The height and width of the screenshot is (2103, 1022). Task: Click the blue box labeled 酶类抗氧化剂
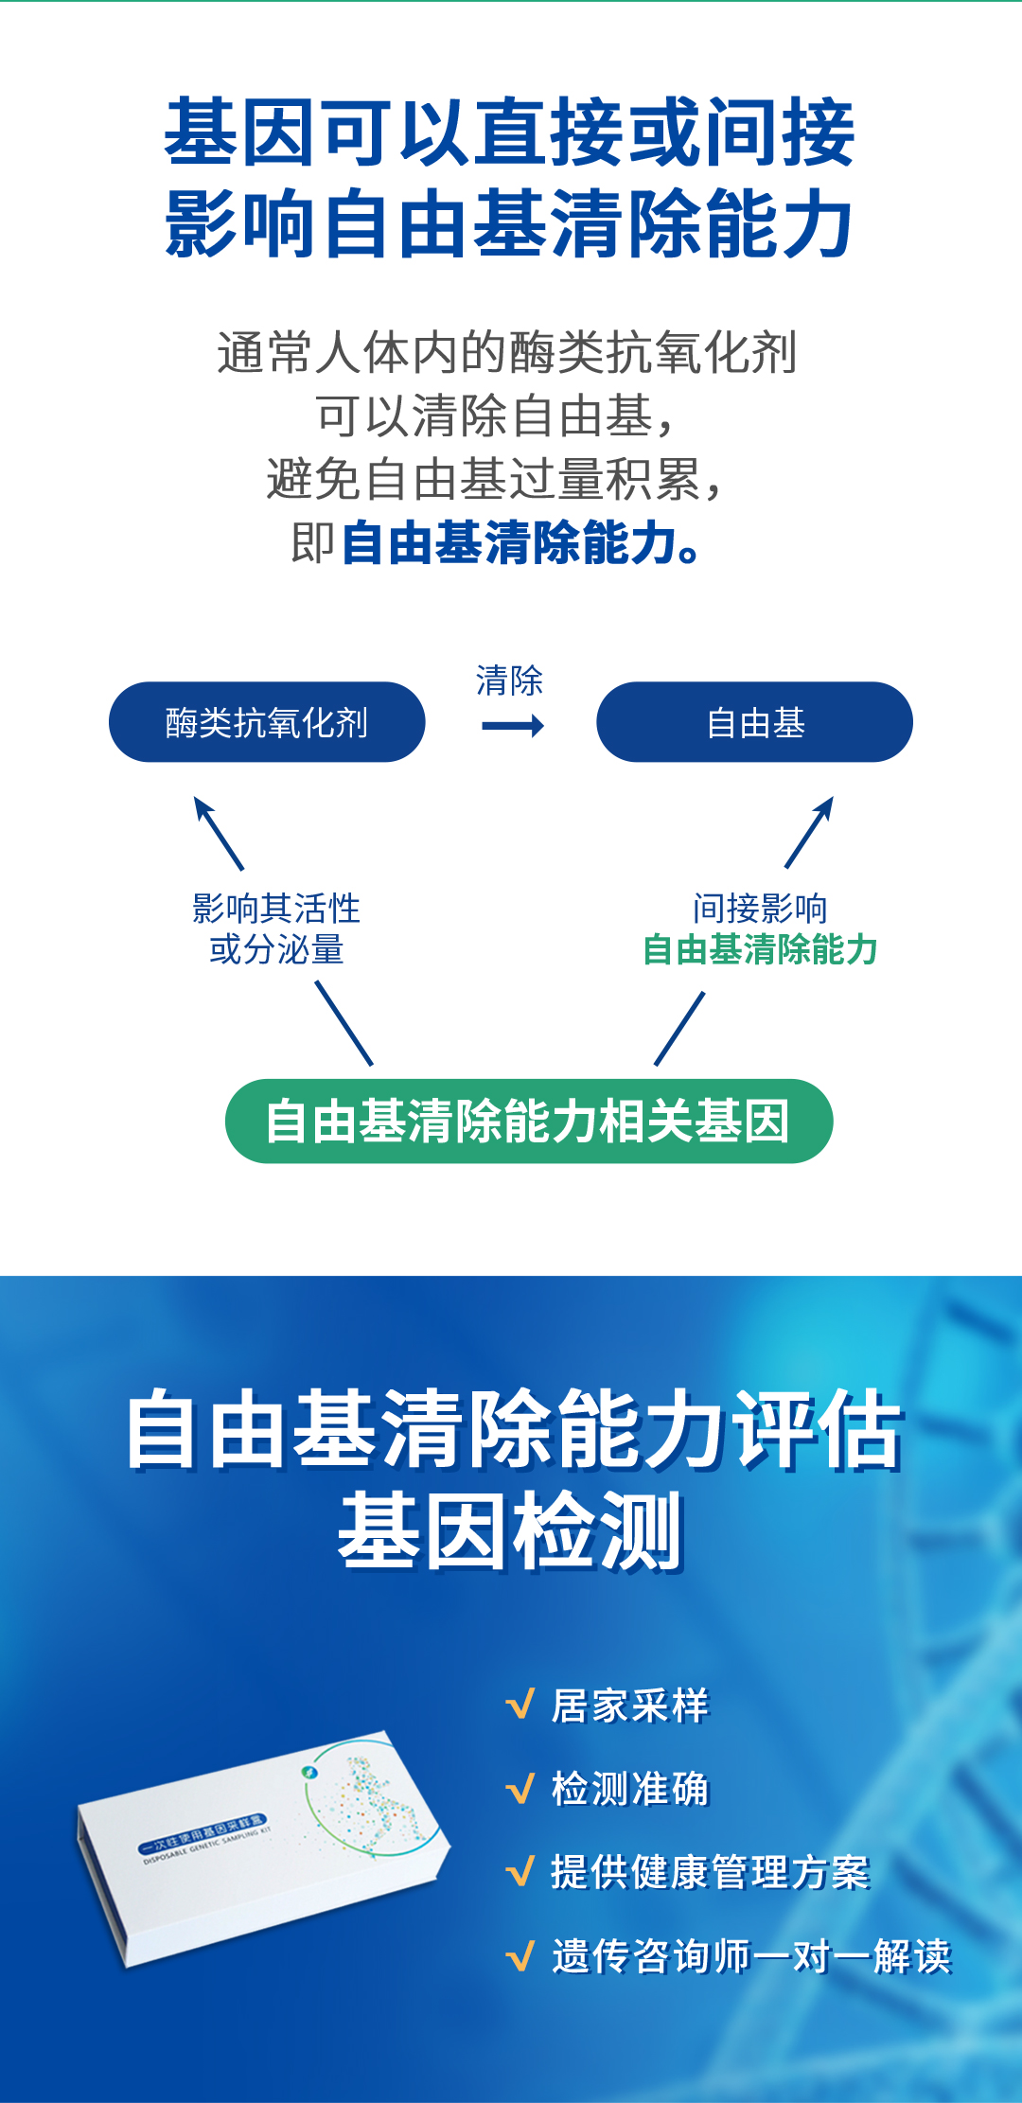pyautogui.click(x=267, y=722)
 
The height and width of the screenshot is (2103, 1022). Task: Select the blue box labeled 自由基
pyautogui.click(x=754, y=722)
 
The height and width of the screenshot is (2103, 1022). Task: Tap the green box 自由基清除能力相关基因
pyautogui.click(x=528, y=1121)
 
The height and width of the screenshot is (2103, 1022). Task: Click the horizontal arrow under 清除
pyautogui.click(x=512, y=726)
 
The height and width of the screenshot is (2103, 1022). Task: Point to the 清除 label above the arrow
pyautogui.click(x=509, y=680)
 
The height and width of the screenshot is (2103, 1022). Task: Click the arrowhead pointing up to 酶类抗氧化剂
pyautogui.click(x=201, y=805)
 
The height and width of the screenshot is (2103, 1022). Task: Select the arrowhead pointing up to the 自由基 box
pyautogui.click(x=825, y=804)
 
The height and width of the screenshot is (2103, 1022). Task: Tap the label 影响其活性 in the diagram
pyautogui.click(x=276, y=909)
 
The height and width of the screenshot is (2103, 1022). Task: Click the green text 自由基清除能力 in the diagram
pyautogui.click(x=760, y=949)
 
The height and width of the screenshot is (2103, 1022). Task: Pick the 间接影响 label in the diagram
pyautogui.click(x=760, y=909)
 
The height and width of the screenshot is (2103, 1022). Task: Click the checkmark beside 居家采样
pyautogui.click(x=520, y=1705)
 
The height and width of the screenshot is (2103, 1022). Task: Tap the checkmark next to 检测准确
pyautogui.click(x=520, y=1789)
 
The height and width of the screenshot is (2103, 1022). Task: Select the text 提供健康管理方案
pyautogui.click(x=710, y=1872)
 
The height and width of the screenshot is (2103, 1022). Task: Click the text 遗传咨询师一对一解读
pyautogui.click(x=751, y=1955)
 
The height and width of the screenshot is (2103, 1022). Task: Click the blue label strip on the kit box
pyautogui.click(x=203, y=1833)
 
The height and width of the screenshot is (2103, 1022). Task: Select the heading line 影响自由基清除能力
pyautogui.click(x=509, y=223)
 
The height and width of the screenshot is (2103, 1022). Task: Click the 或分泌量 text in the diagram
pyautogui.click(x=276, y=949)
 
